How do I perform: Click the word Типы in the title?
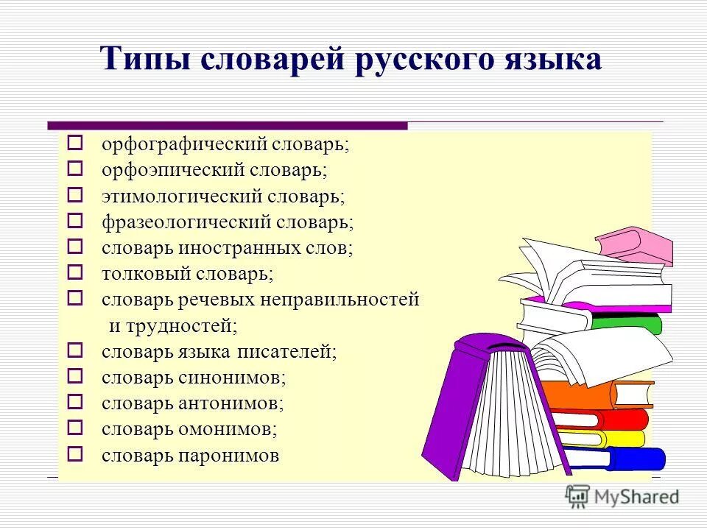(x=138, y=59)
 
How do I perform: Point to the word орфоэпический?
(x=173, y=170)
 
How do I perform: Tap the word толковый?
(x=146, y=274)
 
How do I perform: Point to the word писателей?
(x=286, y=352)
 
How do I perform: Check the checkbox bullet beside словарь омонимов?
(x=74, y=427)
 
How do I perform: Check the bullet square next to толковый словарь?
(x=74, y=272)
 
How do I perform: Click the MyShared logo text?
(x=636, y=498)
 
